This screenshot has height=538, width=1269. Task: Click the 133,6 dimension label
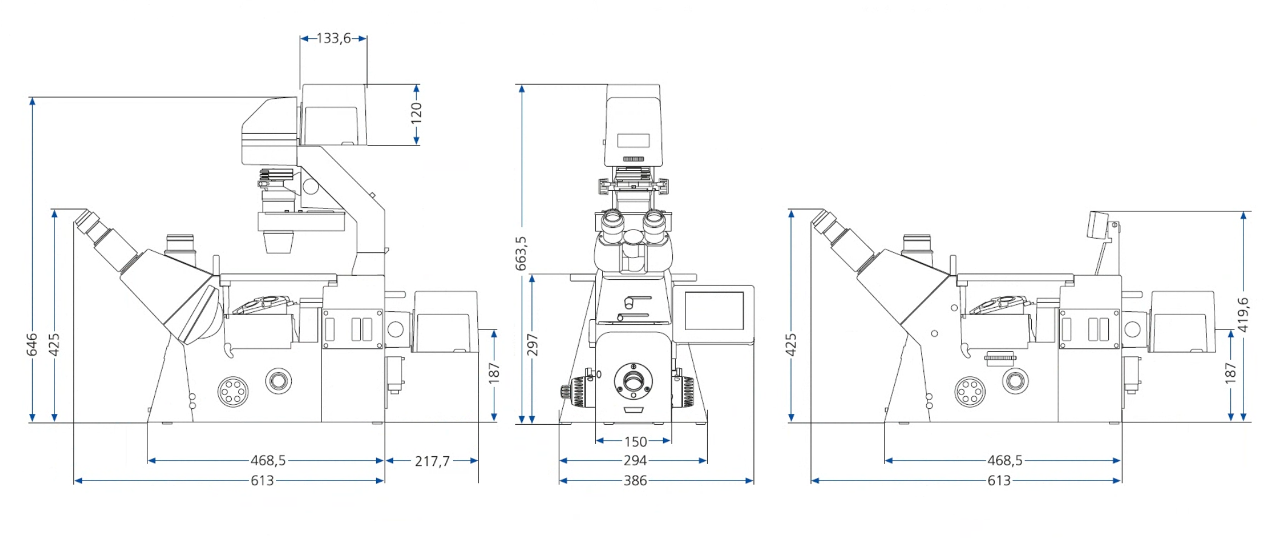pos(334,38)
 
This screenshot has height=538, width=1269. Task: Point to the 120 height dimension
pos(416,113)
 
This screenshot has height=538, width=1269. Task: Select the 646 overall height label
pos(32,344)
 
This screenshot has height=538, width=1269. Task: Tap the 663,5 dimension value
pos(521,253)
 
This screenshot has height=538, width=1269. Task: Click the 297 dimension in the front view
pos(532,344)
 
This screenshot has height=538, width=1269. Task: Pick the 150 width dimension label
pos(636,442)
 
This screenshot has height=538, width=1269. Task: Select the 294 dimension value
pos(635,460)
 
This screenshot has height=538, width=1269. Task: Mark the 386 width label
pos(635,480)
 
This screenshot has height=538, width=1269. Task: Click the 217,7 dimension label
pos(433,461)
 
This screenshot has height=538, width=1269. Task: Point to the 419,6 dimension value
pos(1244,314)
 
